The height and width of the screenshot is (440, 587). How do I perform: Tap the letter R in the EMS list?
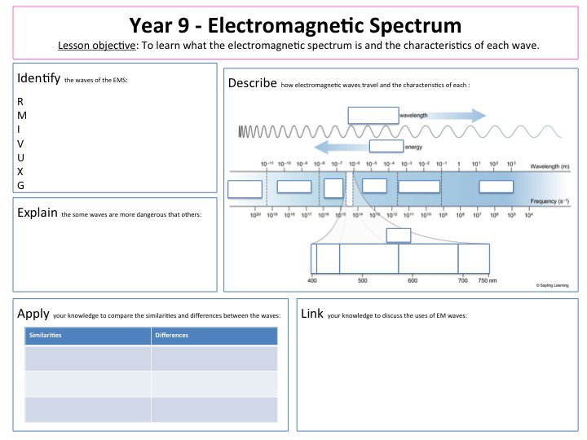click(x=20, y=102)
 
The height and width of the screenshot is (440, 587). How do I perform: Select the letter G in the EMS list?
click(x=20, y=186)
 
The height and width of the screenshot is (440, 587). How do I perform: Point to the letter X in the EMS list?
click(x=20, y=172)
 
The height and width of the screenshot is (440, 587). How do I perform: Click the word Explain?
click(x=37, y=213)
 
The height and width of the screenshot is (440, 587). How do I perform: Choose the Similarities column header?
click(x=47, y=336)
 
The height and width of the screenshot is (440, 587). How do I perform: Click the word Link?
click(x=312, y=314)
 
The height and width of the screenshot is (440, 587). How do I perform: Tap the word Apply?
click(x=33, y=314)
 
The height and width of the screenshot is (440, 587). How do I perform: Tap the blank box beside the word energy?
click(x=386, y=147)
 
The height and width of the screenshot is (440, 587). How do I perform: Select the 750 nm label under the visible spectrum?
click(x=488, y=280)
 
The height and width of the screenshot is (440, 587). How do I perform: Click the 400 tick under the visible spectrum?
click(x=311, y=280)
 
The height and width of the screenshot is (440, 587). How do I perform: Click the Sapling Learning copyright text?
click(x=553, y=286)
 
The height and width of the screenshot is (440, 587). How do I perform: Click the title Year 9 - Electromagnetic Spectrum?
click(x=293, y=25)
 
